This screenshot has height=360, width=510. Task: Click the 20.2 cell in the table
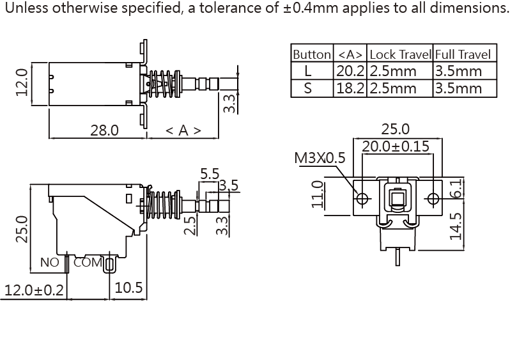point(350,71)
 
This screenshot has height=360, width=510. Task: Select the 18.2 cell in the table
point(350,88)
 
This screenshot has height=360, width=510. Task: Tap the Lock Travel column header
point(400,54)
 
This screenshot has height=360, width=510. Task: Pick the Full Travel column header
point(464,54)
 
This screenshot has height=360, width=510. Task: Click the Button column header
point(312,54)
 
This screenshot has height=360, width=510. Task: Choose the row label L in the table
point(308,71)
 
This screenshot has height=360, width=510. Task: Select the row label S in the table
point(308,88)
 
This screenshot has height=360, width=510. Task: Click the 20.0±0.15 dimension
point(396,146)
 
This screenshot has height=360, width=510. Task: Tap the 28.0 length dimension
point(104,130)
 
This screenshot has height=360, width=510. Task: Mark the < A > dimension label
point(183,130)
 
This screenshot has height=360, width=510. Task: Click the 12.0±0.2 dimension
point(35,290)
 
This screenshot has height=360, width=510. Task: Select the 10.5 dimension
point(128,288)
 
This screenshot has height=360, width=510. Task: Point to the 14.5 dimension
point(456,226)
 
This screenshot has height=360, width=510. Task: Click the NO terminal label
point(49,262)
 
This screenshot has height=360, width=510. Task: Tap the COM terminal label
point(88,262)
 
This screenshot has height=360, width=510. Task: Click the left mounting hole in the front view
point(362,199)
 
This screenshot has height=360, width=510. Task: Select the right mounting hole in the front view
point(433,199)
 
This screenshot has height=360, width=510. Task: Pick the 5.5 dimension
point(210,174)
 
